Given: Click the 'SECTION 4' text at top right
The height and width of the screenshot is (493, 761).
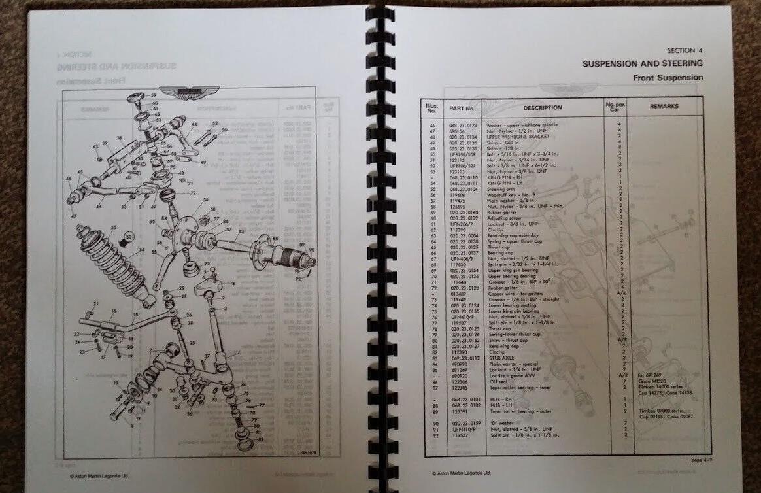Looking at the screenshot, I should tap(685, 50).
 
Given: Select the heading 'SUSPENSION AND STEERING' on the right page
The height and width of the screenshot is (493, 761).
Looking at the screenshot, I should tap(643, 63).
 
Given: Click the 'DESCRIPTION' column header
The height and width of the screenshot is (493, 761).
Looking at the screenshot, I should tap(542, 107).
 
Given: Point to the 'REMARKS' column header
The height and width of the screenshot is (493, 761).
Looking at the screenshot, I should tap(664, 106).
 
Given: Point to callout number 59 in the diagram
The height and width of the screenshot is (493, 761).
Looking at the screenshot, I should tap(154, 95).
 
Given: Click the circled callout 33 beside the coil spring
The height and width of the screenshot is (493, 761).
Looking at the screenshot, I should tap(129, 236).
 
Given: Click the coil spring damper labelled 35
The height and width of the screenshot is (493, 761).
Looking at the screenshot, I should tap(111, 265).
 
